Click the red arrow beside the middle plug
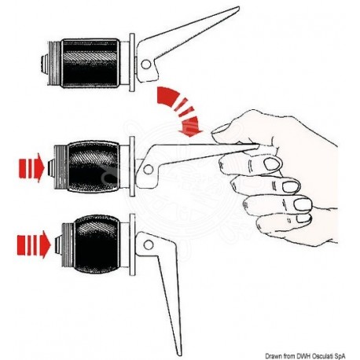tap(31, 167)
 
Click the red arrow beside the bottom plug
tap(34, 244)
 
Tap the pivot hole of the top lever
tap(146, 64)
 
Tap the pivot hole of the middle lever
tap(149, 170)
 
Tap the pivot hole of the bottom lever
tap(149, 245)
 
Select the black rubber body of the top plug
tap(90, 63)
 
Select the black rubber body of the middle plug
tap(94, 167)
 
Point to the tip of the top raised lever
tap(238, 8)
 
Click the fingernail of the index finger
tap(272, 164)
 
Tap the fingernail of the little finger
tap(304, 219)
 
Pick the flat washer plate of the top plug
tap(132, 62)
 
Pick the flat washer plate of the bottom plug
tap(133, 244)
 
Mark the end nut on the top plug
tap(43, 64)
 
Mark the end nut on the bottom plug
tap(58, 245)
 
